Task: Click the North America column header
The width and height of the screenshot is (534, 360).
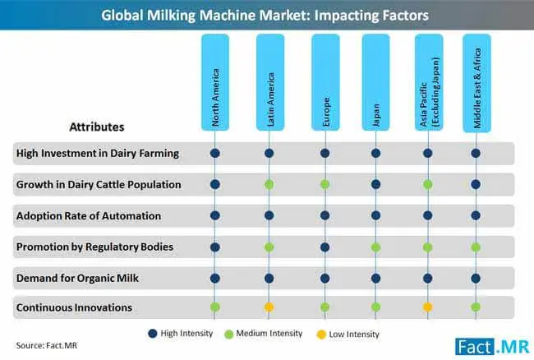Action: [215, 82]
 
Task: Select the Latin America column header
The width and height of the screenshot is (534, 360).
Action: [270, 82]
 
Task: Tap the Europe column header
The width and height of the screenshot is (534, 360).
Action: [325, 82]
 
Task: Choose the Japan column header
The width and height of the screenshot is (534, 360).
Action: [375, 82]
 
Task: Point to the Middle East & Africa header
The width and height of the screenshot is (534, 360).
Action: [476, 83]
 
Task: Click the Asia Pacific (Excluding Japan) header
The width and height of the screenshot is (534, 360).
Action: [429, 82]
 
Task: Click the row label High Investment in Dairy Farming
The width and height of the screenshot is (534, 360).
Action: [98, 154]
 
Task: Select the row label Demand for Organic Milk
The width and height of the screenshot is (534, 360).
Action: [77, 279]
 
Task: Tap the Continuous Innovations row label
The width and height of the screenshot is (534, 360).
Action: [74, 307]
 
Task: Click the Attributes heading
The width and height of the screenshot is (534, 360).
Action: [97, 127]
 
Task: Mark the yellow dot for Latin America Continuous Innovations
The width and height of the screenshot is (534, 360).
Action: [269, 307]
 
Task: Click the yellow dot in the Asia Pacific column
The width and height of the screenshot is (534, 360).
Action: [428, 307]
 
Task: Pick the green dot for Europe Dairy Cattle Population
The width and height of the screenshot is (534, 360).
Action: [325, 185]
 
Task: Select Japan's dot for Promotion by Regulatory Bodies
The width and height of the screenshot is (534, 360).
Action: [375, 247]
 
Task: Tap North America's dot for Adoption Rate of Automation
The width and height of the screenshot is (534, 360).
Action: [215, 215]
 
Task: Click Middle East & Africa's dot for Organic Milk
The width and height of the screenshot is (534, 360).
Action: [476, 279]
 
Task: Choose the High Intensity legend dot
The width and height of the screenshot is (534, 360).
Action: [153, 334]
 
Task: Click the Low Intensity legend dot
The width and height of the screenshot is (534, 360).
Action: [321, 335]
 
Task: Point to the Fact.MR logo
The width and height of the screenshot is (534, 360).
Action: [492, 347]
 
